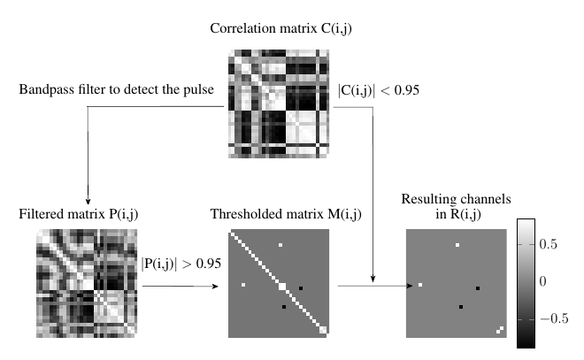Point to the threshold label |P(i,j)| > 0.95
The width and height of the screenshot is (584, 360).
pyautogui.click(x=181, y=263)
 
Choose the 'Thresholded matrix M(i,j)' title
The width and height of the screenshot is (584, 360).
pyautogui.click(x=278, y=213)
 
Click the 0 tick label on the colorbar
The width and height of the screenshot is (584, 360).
pyautogui.click(x=542, y=280)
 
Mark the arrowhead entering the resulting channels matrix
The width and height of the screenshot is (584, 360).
pyautogui.click(x=411, y=286)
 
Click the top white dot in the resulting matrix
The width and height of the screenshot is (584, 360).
pyautogui.click(x=457, y=244)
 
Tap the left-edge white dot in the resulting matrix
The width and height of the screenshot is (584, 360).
pyautogui.click(x=420, y=285)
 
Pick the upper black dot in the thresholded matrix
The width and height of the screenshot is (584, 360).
pyautogui.click(x=301, y=288)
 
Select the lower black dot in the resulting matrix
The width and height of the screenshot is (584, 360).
pyautogui.click(x=461, y=306)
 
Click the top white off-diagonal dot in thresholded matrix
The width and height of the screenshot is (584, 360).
pyautogui.click(x=280, y=244)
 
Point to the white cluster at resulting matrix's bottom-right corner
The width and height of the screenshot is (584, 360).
pyautogui.click(x=501, y=330)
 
